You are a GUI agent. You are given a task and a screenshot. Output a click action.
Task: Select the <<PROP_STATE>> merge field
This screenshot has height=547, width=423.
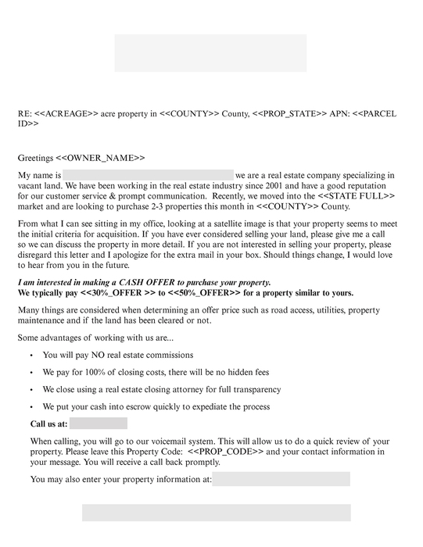[x=291, y=114]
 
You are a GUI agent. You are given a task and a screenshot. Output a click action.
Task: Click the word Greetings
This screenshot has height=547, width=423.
[x=36, y=158]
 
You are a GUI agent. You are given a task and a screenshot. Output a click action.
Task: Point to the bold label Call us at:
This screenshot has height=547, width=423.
[x=48, y=424]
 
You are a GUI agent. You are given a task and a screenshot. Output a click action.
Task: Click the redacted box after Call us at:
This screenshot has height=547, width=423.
[x=98, y=424]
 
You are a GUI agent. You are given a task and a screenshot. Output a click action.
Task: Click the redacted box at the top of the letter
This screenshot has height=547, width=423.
[x=210, y=52]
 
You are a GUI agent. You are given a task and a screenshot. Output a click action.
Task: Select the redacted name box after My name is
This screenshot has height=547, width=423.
[x=148, y=175]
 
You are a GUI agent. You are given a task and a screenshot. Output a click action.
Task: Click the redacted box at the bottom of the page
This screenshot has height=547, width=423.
[x=216, y=513]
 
